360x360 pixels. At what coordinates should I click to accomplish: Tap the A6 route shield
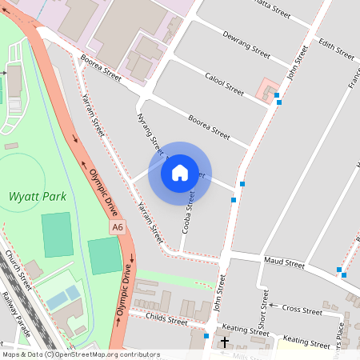tap(118, 228)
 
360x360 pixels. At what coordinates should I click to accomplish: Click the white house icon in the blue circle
tap(179, 173)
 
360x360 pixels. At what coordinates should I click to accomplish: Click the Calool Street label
tap(224, 82)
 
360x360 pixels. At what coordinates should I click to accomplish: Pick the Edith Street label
tap(336, 49)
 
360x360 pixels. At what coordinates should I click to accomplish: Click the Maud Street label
tap(285, 262)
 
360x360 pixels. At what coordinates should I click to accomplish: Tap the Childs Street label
tap(166, 321)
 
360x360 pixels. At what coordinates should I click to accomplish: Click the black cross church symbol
tap(225, 342)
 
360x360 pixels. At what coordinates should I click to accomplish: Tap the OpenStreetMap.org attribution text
tap(104, 354)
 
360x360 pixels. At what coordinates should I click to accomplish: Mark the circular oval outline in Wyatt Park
tap(22, 182)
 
